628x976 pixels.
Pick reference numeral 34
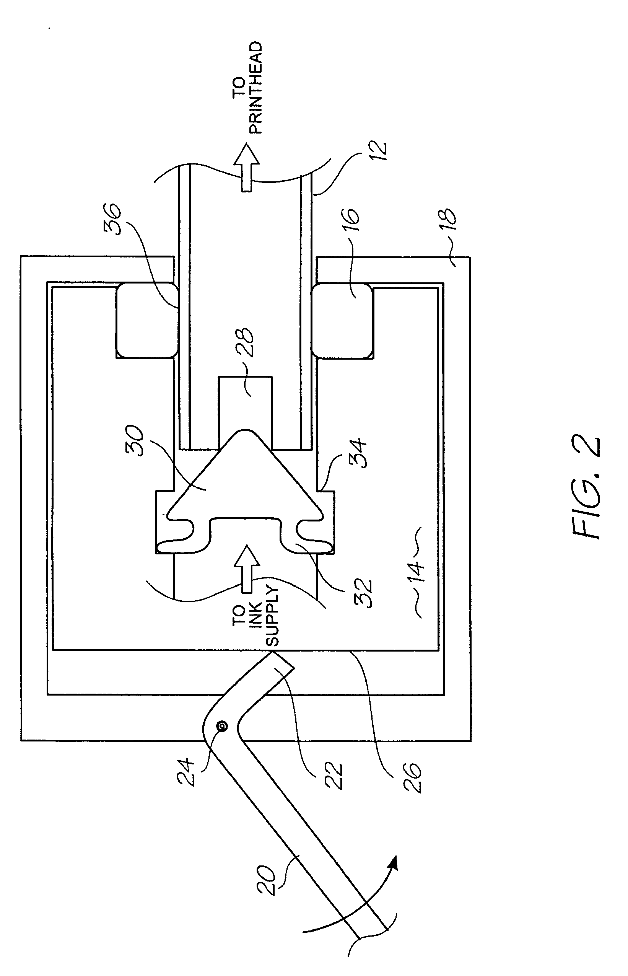358,453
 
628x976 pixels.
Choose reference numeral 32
363,593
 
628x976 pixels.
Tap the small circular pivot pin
222,726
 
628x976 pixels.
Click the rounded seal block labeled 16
342,321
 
